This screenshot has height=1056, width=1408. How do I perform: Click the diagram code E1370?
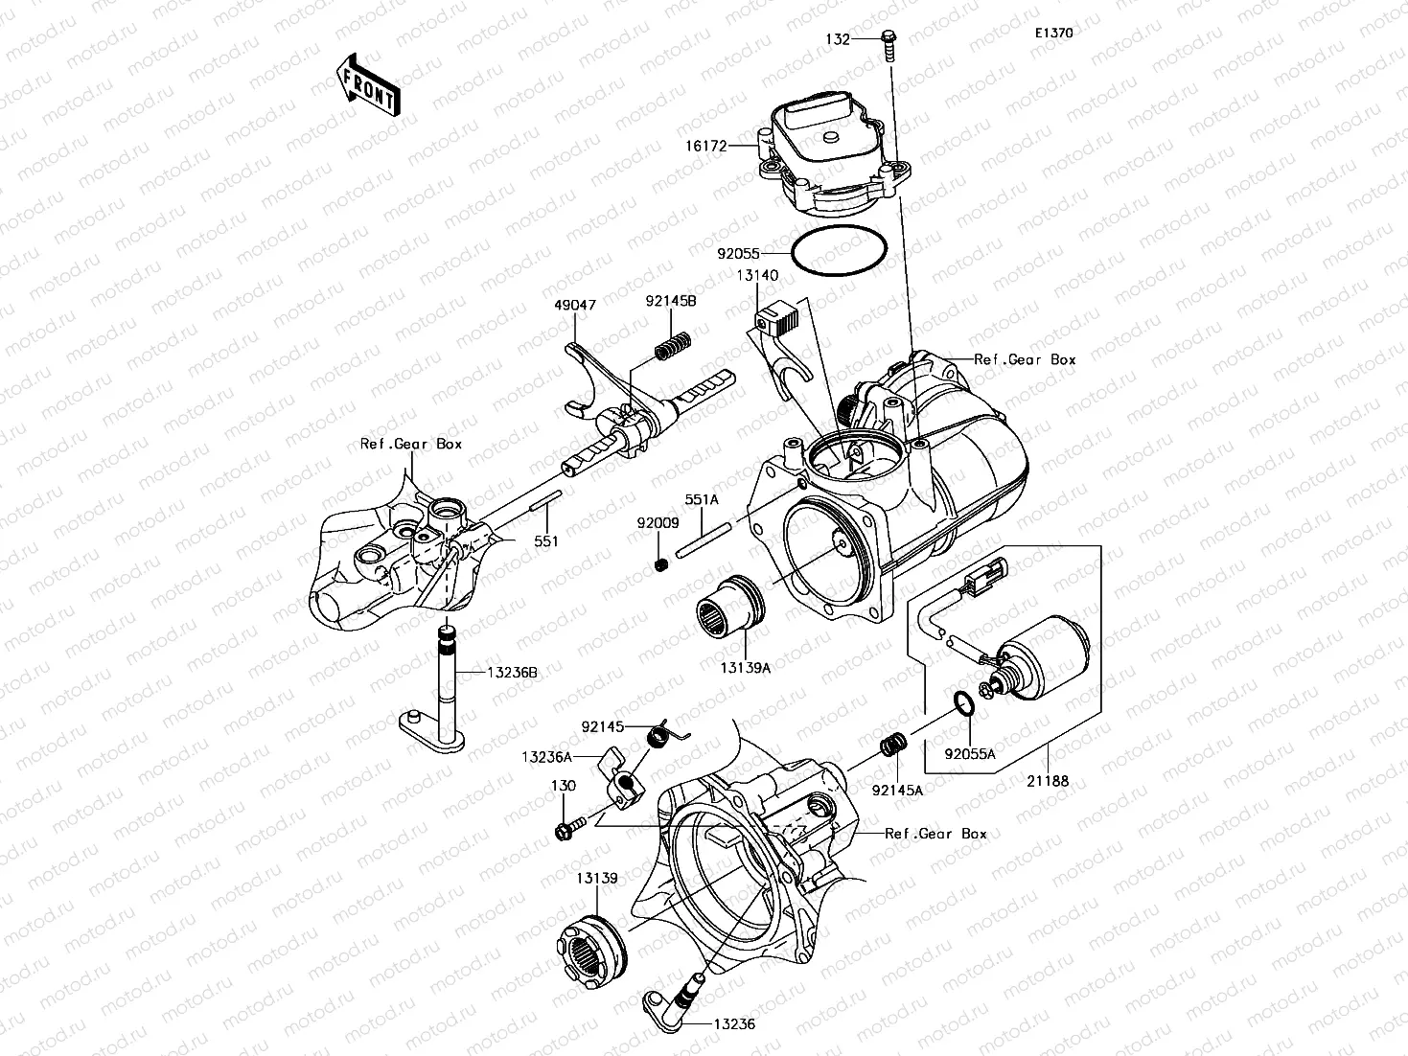click(1052, 33)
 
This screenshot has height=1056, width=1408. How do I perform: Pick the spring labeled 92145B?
click(673, 344)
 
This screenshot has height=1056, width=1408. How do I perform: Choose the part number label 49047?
click(574, 305)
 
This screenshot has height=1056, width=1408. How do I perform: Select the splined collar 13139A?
click(730, 614)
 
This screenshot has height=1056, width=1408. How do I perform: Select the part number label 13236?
click(734, 1023)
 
